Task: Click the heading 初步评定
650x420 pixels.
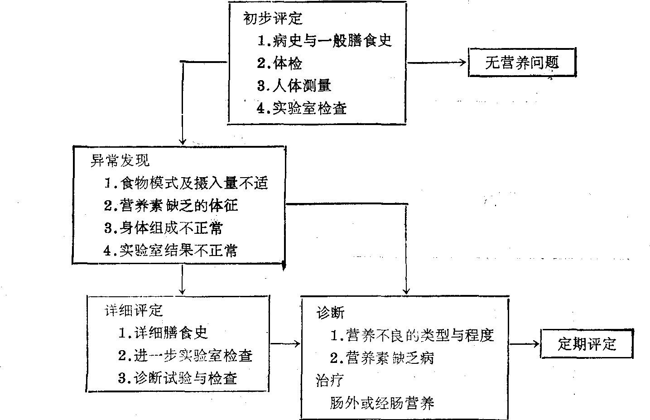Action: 273,18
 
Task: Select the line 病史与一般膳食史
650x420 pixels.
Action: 324,41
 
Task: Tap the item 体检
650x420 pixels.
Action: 279,63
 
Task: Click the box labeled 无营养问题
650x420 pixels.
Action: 522,63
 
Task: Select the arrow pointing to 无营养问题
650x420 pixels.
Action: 437,63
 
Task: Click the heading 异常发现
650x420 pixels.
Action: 120,160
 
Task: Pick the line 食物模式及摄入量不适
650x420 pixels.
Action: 186,183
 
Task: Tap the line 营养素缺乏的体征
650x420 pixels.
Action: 171,205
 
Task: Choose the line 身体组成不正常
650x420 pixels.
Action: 164,228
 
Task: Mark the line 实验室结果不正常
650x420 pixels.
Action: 171,250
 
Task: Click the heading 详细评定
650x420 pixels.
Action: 134,310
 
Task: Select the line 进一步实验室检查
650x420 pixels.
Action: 185,356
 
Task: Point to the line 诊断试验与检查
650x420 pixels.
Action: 178,378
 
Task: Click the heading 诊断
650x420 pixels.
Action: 330,313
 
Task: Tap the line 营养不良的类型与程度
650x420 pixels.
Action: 412,335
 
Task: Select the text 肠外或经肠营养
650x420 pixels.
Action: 382,403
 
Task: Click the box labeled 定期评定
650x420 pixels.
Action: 587,344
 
